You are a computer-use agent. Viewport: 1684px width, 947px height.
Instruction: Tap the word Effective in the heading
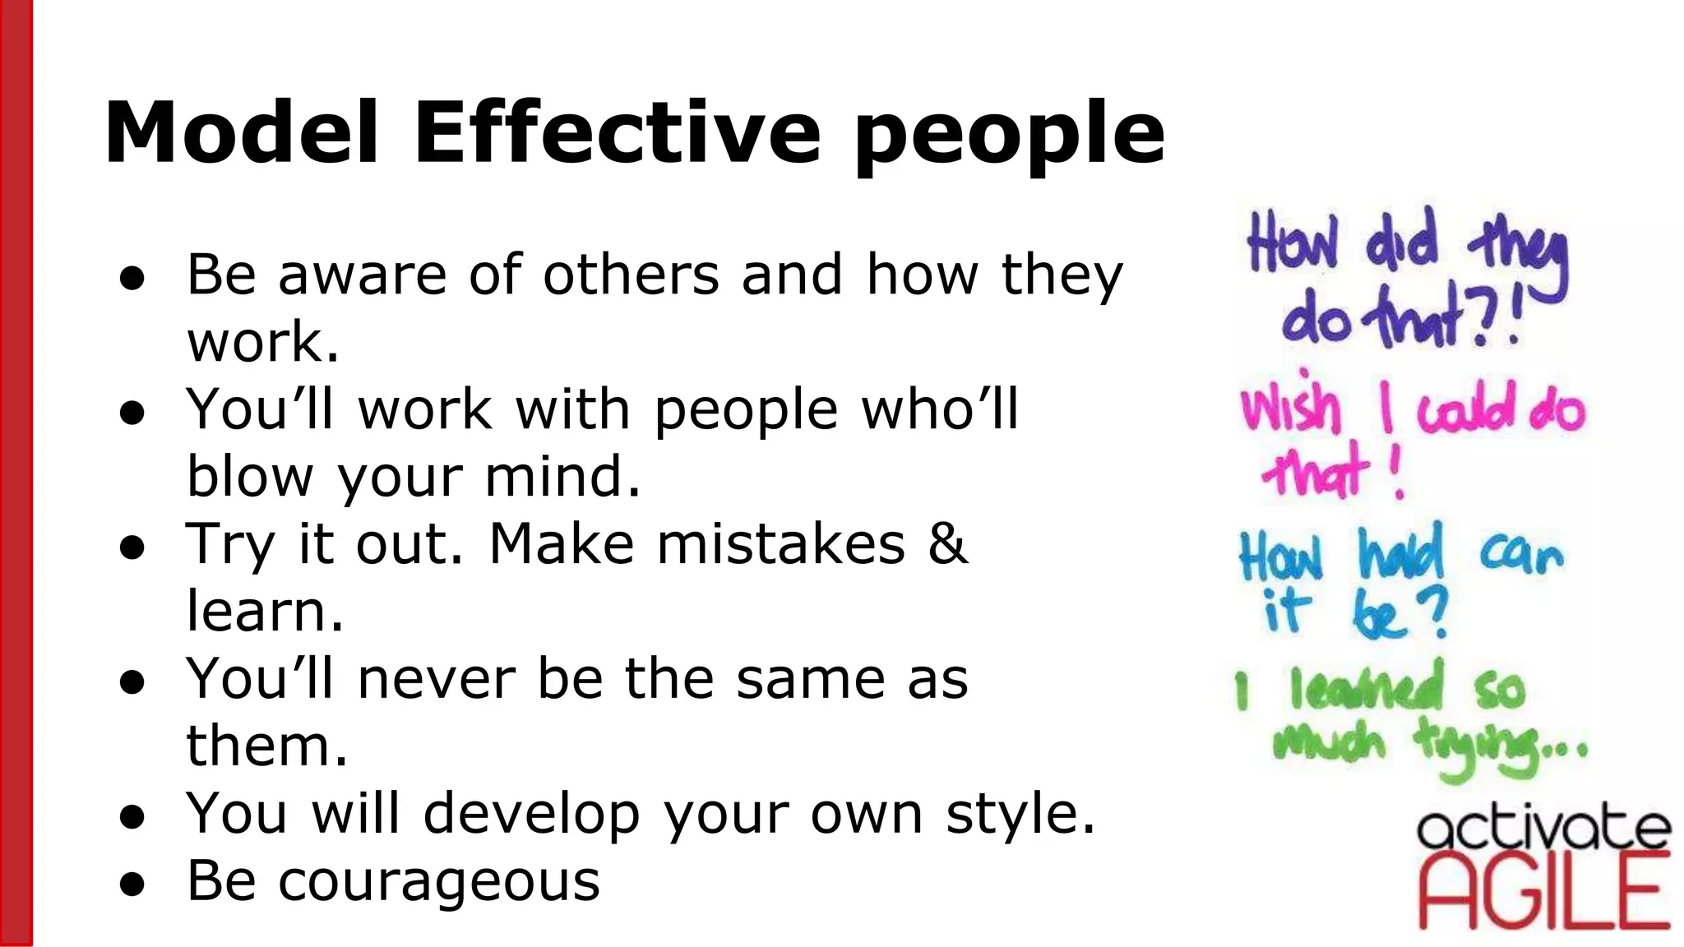[x=617, y=133]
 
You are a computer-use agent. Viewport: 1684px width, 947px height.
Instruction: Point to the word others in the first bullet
[x=631, y=275]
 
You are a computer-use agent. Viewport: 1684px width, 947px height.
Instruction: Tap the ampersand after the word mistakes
[x=948, y=544]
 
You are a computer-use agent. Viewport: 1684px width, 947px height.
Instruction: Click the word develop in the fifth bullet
[x=531, y=814]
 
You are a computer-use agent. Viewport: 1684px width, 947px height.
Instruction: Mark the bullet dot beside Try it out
[x=132, y=547]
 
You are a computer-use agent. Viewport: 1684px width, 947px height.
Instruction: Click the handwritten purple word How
[x=1293, y=243]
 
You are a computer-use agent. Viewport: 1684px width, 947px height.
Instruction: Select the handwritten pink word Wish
[x=1289, y=408]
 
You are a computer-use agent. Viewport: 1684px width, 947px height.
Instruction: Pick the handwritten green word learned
[x=1366, y=687]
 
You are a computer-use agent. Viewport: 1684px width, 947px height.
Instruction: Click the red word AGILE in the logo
[x=1544, y=893]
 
